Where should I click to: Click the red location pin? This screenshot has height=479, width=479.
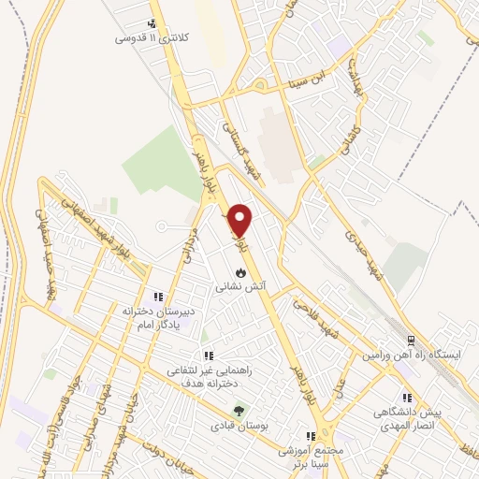[241, 220]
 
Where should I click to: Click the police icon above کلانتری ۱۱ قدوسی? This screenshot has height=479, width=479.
[152, 24]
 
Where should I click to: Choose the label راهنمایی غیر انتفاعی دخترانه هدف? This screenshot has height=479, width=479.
[208, 377]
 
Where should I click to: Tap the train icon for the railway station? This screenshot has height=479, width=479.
[411, 341]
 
